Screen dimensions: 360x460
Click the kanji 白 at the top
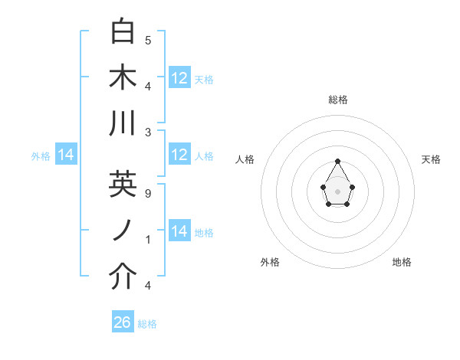pos(123,32)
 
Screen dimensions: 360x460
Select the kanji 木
pos(123,77)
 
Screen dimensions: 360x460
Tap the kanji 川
pos(123,123)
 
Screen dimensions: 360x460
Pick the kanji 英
pos(123,185)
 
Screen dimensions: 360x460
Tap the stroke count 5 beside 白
pos(148,40)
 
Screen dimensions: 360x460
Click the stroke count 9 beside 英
pos(148,193)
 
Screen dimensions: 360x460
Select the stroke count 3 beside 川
pos(148,132)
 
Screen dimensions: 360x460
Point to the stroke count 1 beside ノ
pos(148,239)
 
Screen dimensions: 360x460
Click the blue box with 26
pos(123,322)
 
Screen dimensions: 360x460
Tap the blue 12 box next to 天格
pos(179,78)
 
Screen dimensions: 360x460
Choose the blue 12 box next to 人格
pos(179,155)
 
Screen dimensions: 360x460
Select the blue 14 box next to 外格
pos(66,155)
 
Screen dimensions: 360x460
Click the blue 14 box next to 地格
pos(179,231)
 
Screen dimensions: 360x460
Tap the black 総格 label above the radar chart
pos(338,100)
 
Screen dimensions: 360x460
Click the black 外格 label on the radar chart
pos(270,262)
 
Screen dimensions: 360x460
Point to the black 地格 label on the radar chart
pos(402,262)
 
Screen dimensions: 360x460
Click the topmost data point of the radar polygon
pos(338,161)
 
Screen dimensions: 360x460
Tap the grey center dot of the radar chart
pos(338,190)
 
